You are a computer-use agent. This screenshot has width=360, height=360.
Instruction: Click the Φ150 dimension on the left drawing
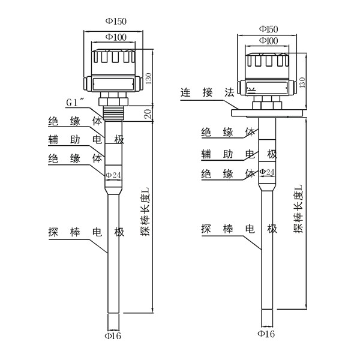pos(116,22)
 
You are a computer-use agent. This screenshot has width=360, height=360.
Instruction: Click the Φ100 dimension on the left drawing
pos(116,37)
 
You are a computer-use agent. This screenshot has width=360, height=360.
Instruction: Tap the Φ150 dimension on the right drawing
pos(268,29)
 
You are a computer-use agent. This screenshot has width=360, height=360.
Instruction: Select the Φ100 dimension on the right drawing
pos(268,40)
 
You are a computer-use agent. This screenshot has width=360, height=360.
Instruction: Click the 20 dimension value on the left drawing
pos(149,113)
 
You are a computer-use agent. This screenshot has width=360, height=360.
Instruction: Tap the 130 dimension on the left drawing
pos(149,76)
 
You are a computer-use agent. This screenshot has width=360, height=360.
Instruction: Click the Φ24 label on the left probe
pos(114,175)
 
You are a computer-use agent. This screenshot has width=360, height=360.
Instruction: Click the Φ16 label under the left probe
pos(114,336)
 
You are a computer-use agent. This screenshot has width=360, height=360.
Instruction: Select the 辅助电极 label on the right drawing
pos(238,154)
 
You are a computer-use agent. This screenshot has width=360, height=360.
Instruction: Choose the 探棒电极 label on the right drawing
pos(238,229)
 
